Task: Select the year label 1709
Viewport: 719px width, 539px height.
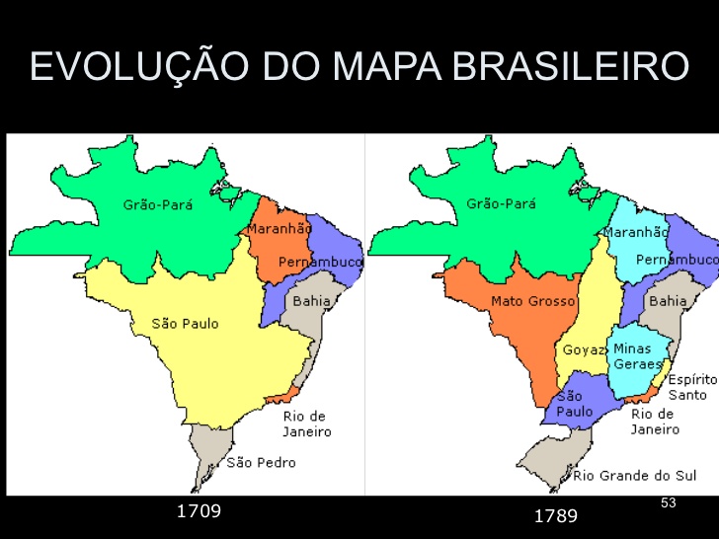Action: point(199,510)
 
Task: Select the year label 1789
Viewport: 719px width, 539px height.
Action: point(556,515)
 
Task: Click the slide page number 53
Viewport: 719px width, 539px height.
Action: point(669,503)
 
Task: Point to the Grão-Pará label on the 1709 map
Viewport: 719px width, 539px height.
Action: point(158,205)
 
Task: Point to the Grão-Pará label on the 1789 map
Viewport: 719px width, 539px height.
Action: point(502,204)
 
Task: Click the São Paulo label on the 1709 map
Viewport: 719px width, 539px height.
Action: point(186,323)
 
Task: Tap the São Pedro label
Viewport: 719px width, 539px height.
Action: point(261,462)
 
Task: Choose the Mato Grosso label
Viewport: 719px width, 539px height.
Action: point(533,301)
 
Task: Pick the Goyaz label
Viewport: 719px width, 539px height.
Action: point(584,349)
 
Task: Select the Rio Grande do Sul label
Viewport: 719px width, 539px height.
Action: point(635,476)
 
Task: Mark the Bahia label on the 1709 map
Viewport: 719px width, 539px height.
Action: point(311,300)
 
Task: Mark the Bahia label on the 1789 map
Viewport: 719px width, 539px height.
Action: point(669,300)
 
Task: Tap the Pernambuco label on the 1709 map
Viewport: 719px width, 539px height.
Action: point(321,262)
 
